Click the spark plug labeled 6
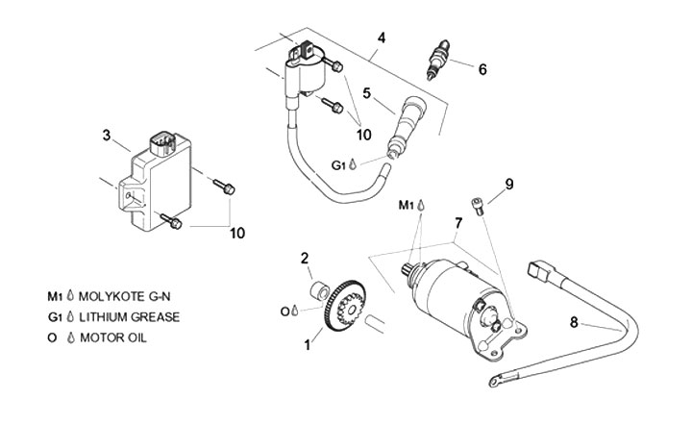pos(437,60)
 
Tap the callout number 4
pos(382,38)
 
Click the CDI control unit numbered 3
pos(156,181)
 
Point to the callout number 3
pos(107,136)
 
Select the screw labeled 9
pos(477,207)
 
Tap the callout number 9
pos(509,184)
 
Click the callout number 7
pos(458,223)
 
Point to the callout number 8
pos(574,323)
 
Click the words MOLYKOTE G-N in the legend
pos(124,296)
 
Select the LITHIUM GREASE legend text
pos(130,317)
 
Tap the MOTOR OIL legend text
pos(113,338)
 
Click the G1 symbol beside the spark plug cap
pos(344,165)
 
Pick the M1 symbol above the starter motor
pos(411,205)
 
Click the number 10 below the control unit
pos(237,234)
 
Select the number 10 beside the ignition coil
pos(363,135)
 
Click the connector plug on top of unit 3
pos(162,142)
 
